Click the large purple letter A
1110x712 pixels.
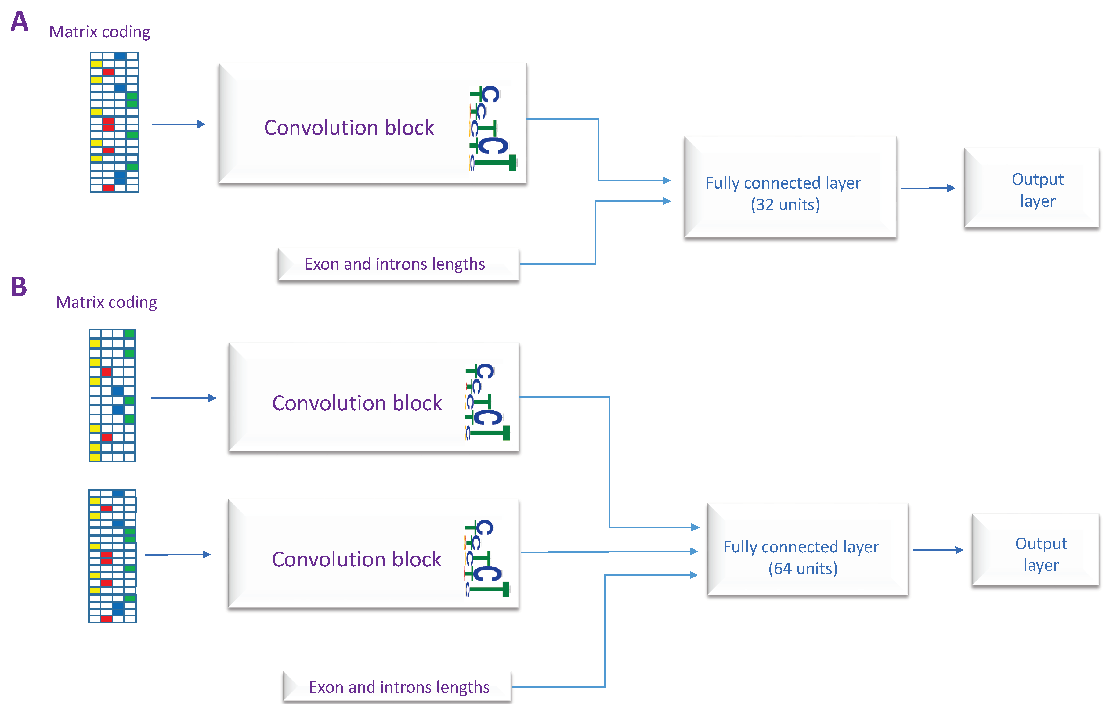(x=20, y=21)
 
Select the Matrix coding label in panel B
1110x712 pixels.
(x=107, y=302)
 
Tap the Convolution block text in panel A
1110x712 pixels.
(x=349, y=128)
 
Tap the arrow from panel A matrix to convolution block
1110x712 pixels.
(x=178, y=124)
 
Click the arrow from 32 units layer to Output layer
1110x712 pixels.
(x=927, y=188)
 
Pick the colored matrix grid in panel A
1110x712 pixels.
(x=114, y=122)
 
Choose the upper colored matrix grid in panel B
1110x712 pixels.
(x=112, y=395)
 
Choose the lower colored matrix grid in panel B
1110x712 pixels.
(x=112, y=556)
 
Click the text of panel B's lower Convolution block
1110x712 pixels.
(x=356, y=559)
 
